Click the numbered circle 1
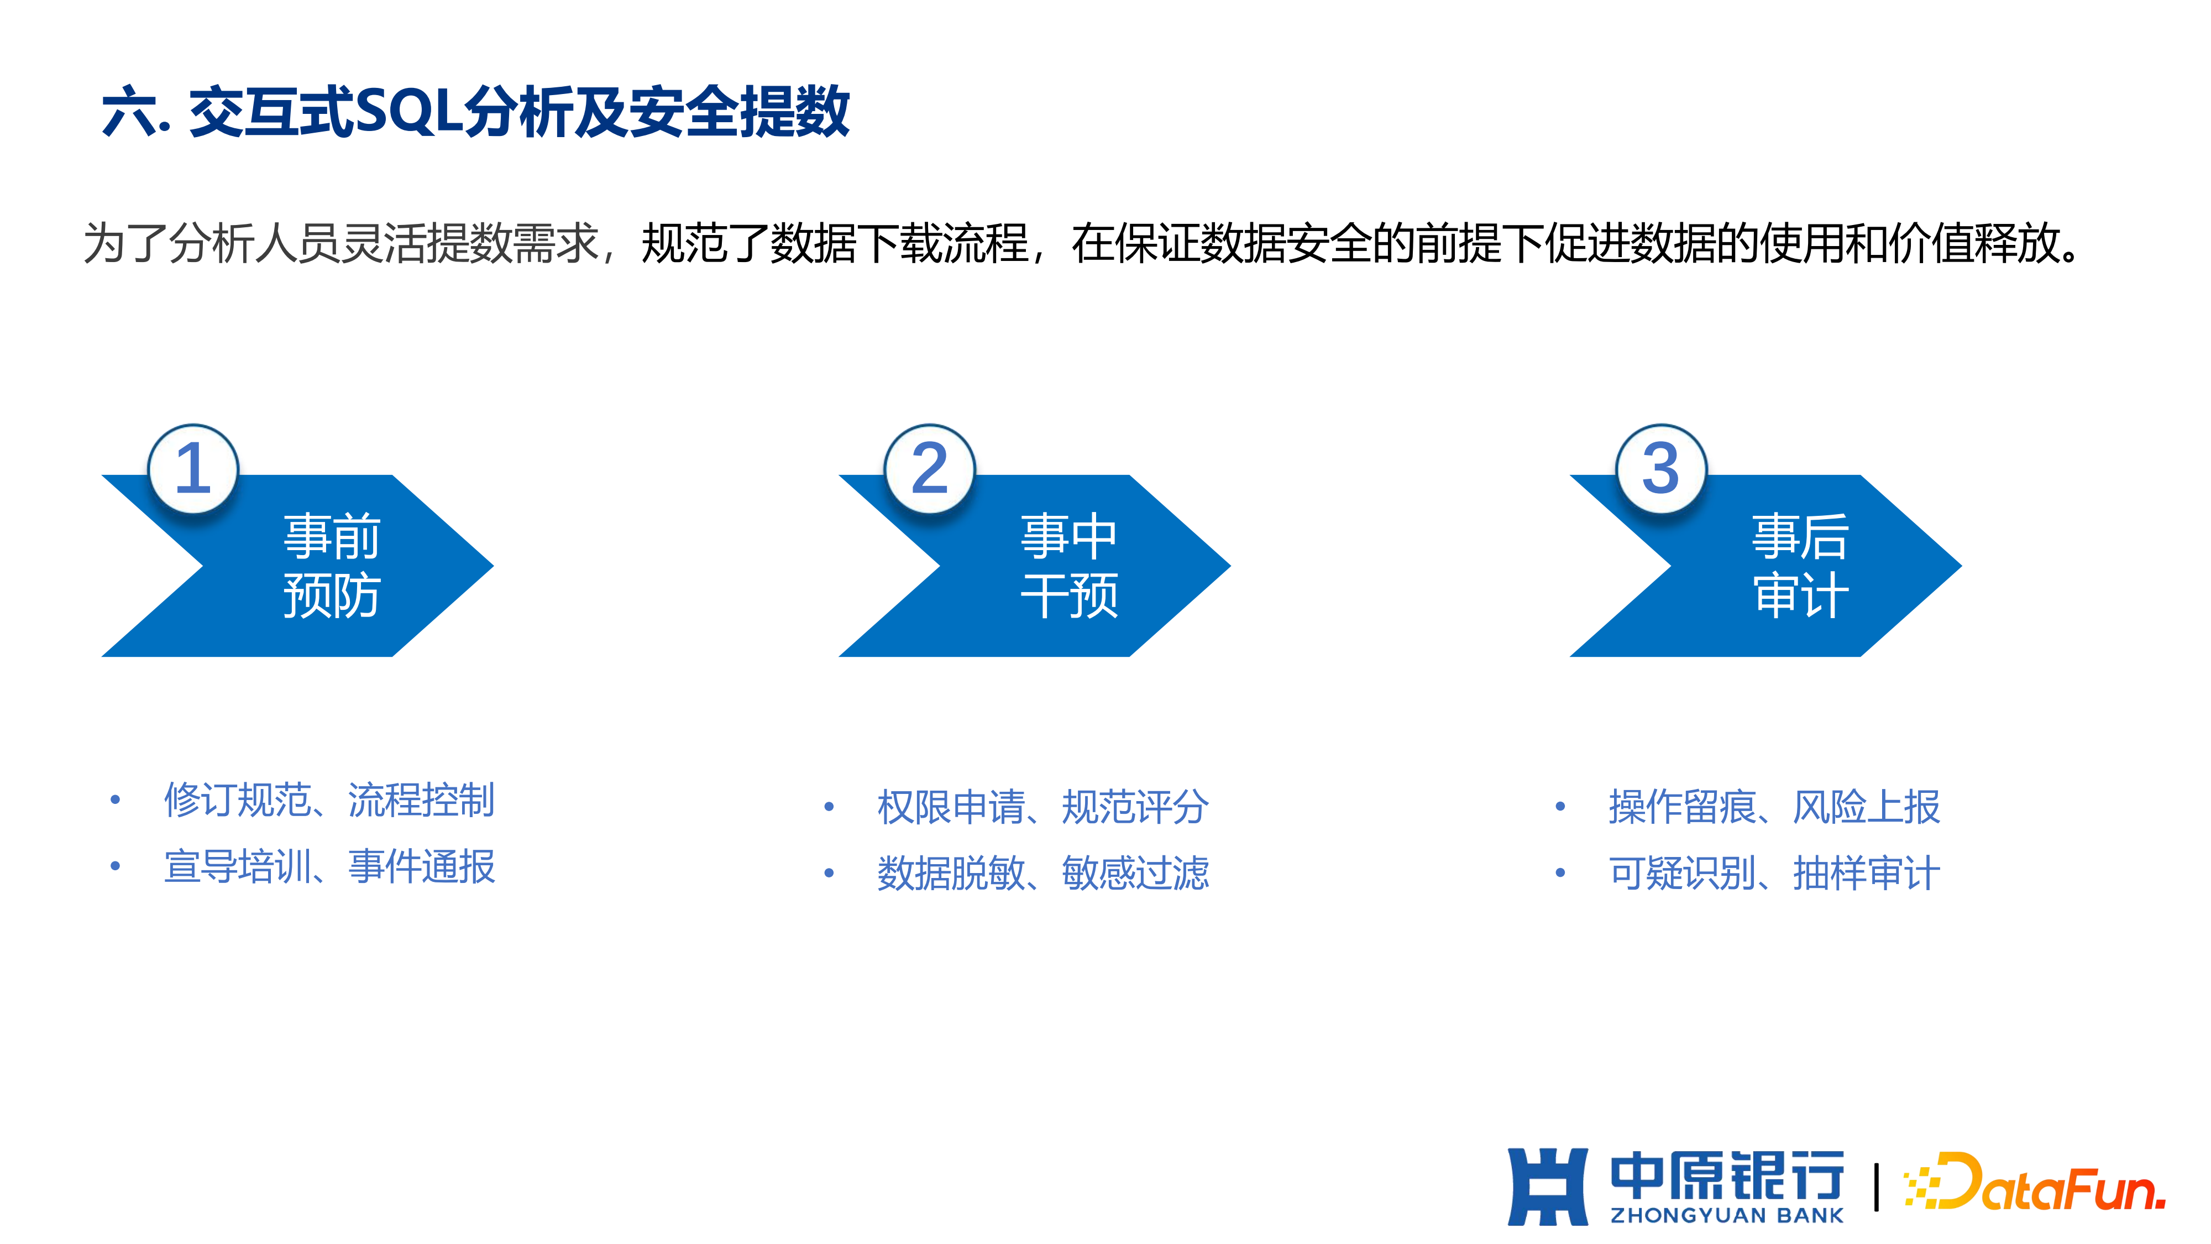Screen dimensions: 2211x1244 pyautogui.click(x=193, y=469)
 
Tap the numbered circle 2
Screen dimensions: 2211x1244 pyautogui.click(x=930, y=469)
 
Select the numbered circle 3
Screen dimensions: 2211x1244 pyautogui.click(x=1661, y=469)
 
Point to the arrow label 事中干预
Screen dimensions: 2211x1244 pyautogui.click(x=1068, y=565)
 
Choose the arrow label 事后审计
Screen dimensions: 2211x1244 pyautogui.click(x=1800, y=565)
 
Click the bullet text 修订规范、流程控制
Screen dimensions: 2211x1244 pyautogui.click(x=329, y=800)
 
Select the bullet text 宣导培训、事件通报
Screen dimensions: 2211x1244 pyautogui.click(x=329, y=866)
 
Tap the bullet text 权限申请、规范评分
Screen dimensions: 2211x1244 pyautogui.click(x=1043, y=807)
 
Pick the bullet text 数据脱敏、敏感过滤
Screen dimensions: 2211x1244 pyautogui.click(x=1043, y=873)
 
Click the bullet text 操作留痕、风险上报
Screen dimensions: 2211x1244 pyautogui.click(x=1774, y=807)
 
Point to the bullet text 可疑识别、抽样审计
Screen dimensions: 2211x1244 pyautogui.click(x=1774, y=873)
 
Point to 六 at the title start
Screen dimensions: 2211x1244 pyautogui.click(x=129, y=112)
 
